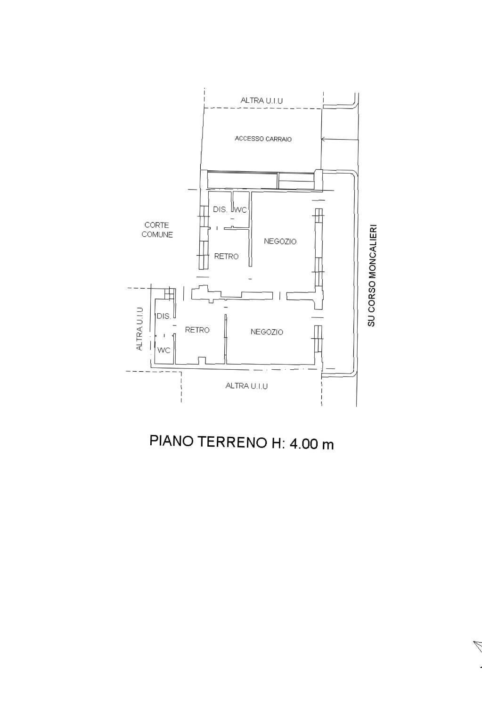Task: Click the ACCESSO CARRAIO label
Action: click(x=263, y=139)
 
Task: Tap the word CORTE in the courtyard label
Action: click(x=156, y=225)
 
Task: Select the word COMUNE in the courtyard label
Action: click(x=157, y=234)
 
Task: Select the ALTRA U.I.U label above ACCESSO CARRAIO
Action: click(x=261, y=100)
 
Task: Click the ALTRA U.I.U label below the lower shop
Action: click(x=246, y=386)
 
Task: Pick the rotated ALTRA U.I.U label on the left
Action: click(x=139, y=329)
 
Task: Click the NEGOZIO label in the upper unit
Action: click(x=280, y=241)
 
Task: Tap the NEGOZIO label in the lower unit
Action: click(x=267, y=332)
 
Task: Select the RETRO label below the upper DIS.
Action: click(x=226, y=257)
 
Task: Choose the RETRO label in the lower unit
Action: click(x=197, y=330)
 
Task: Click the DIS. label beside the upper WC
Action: click(x=220, y=209)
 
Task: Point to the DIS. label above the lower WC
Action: click(x=164, y=316)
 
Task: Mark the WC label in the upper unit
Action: click(x=240, y=210)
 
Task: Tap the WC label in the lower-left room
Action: click(x=163, y=350)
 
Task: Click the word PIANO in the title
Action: click(x=172, y=441)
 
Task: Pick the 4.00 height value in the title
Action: click(x=304, y=444)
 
